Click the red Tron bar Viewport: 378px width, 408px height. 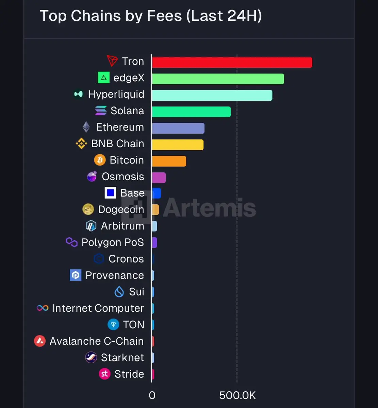(232, 62)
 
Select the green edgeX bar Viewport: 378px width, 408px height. (218, 79)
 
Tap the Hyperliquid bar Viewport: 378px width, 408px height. (212, 95)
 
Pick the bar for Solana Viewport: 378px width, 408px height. (191, 112)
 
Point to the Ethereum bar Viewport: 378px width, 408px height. (178, 128)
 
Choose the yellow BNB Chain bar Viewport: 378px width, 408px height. (178, 144)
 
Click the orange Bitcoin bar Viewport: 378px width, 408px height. (169, 161)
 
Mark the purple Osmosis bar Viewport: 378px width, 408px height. (159, 177)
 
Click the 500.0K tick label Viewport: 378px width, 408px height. (237, 395)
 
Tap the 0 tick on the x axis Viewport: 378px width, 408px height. (152, 395)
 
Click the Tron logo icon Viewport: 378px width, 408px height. (112, 61)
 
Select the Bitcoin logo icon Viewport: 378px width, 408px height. (100, 160)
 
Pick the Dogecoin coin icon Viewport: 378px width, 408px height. (88, 209)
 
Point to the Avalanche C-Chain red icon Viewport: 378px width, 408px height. (40, 341)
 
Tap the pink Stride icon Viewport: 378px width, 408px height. (104, 374)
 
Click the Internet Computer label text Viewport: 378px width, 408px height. (98, 308)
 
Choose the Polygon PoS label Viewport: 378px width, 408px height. (113, 242)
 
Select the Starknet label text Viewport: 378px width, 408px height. (122, 358)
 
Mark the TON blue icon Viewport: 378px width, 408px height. (113, 325)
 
